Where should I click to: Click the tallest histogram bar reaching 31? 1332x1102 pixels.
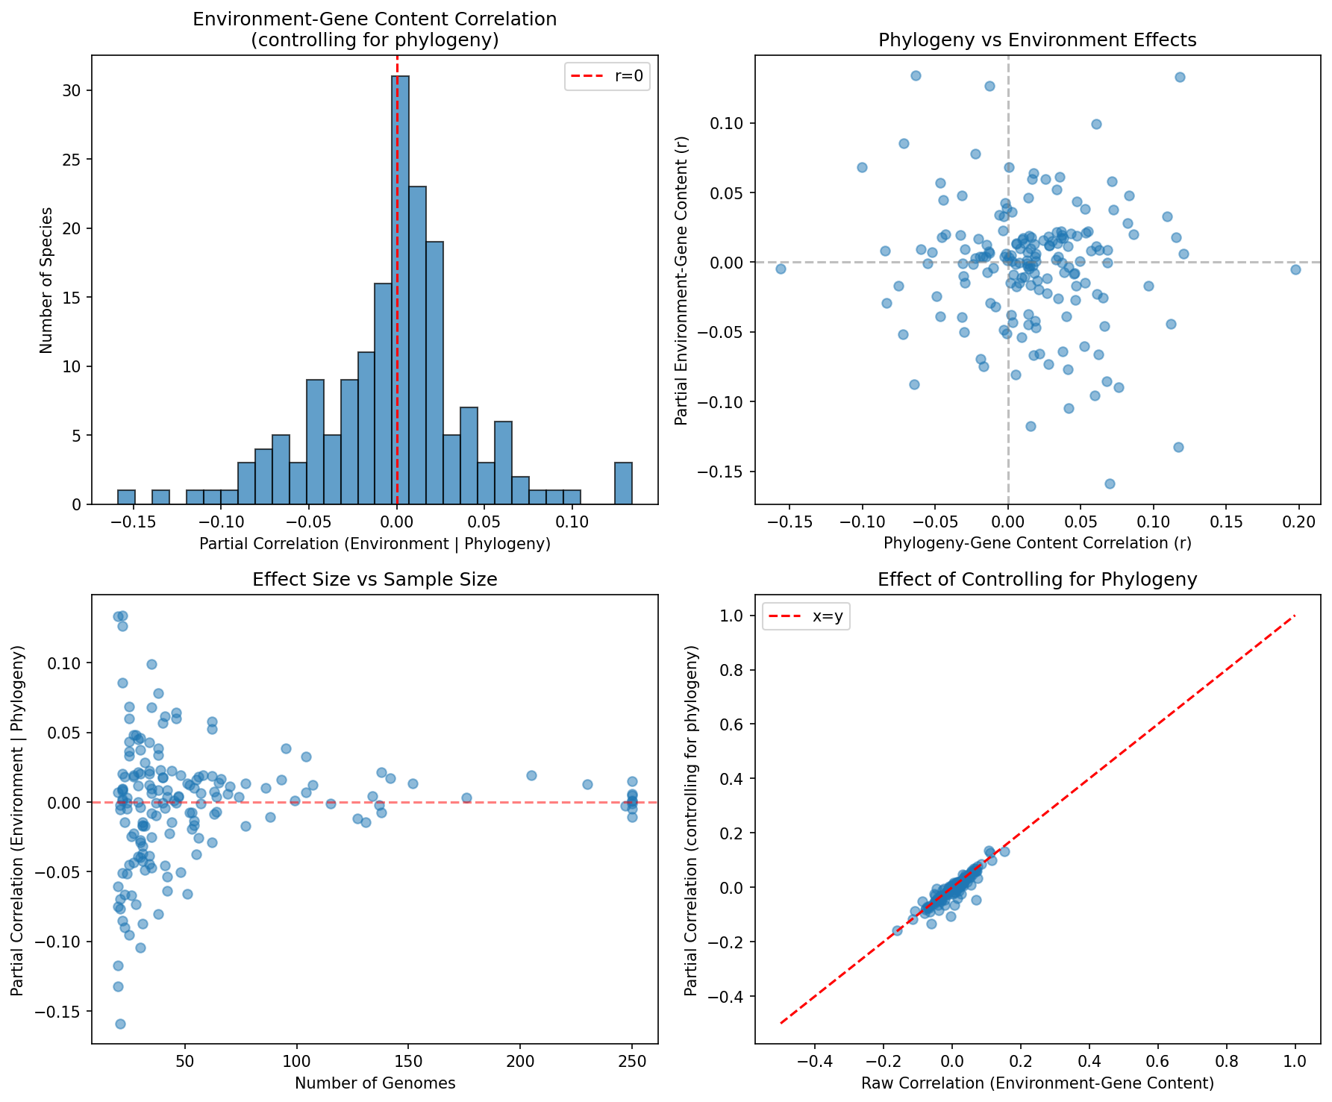[x=400, y=290]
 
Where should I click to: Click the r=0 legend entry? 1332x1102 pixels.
[x=607, y=77]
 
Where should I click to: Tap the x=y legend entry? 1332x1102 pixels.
[x=807, y=617]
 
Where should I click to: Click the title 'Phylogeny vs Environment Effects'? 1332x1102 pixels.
[x=1037, y=40]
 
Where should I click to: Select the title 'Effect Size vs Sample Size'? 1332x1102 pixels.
[x=375, y=580]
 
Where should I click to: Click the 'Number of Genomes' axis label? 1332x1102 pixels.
[x=375, y=1083]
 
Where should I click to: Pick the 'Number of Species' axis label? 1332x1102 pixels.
[x=46, y=280]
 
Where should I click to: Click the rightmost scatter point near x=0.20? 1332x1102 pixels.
[x=1295, y=269]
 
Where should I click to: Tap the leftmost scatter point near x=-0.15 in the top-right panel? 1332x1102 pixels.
[x=781, y=269]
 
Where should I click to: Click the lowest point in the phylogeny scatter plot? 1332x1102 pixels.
[x=1110, y=483]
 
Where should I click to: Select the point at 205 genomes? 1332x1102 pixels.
[x=531, y=775]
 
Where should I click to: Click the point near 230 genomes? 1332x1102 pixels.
[x=587, y=784]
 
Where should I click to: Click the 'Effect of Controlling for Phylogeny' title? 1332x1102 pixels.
[x=1037, y=580]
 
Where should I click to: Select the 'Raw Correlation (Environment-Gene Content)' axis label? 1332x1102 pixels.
[x=1037, y=1083]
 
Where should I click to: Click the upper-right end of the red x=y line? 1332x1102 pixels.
[x=1295, y=616]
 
